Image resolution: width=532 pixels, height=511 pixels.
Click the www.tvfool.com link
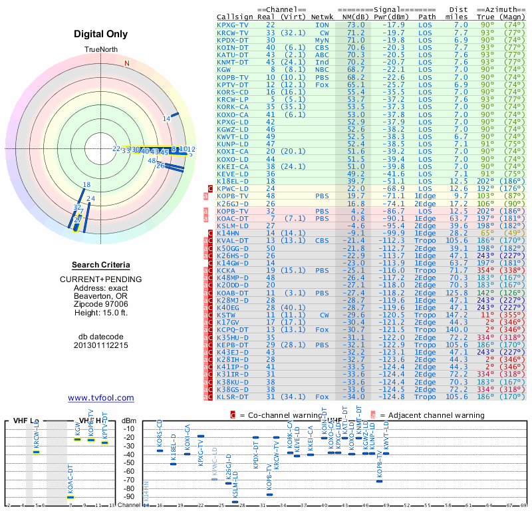point(100,398)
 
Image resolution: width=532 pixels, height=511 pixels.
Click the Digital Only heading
point(100,34)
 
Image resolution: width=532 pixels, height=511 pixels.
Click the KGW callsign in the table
point(224,69)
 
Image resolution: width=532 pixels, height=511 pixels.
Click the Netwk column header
point(323,17)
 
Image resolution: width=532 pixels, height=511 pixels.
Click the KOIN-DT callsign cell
point(233,47)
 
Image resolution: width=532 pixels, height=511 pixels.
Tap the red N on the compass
point(127,63)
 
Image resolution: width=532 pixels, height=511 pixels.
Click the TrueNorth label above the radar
point(100,50)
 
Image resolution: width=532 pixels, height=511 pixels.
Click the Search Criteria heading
point(100,265)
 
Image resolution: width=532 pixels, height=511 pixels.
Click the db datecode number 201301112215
point(100,345)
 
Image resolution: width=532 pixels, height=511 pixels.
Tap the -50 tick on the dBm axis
point(128,463)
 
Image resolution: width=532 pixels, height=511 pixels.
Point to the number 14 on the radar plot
point(166,119)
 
